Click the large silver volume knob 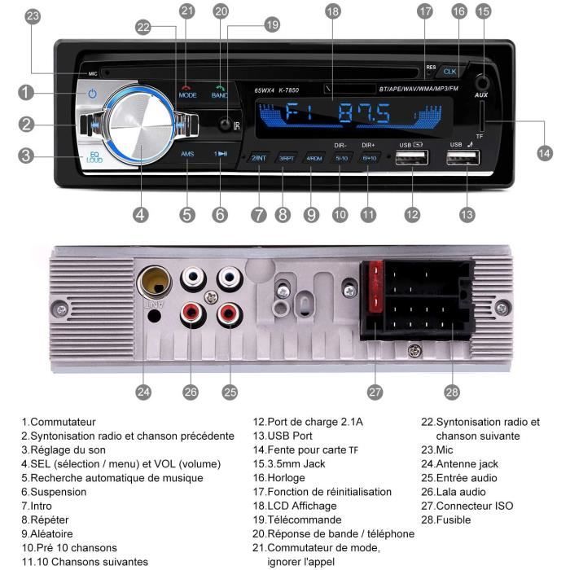[139, 129]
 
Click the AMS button [187, 153]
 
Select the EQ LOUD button [94, 157]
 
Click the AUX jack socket [482, 82]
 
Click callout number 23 [32, 15]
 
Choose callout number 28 [452, 392]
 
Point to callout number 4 [141, 215]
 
